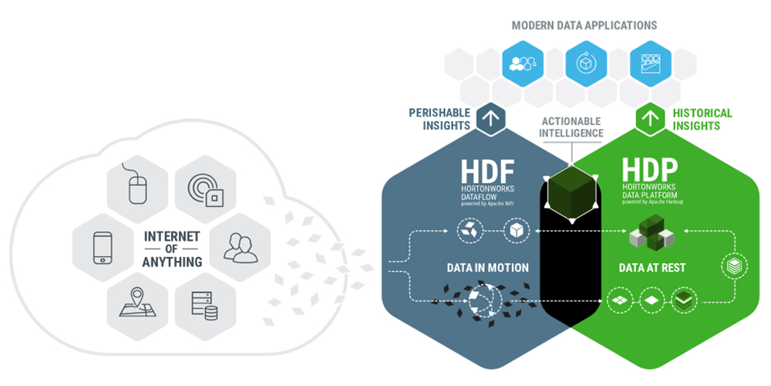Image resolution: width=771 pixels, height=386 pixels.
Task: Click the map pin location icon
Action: click(136, 303)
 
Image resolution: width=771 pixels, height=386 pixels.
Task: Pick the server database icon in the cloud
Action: click(204, 304)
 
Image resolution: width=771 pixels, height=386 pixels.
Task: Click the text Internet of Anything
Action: click(172, 249)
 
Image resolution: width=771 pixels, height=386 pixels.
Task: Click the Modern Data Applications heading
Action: click(584, 25)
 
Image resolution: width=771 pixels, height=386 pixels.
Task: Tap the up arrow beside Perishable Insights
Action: click(491, 119)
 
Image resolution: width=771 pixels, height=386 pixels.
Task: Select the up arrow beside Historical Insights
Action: click(649, 119)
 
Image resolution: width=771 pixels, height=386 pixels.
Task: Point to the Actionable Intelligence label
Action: click(571, 127)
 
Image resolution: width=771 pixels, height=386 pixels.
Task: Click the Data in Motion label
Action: click(487, 268)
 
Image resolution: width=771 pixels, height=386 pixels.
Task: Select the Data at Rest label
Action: click(652, 268)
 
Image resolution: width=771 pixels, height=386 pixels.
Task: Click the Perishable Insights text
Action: click(439, 120)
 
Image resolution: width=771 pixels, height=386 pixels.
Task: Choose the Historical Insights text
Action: click(702, 120)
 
